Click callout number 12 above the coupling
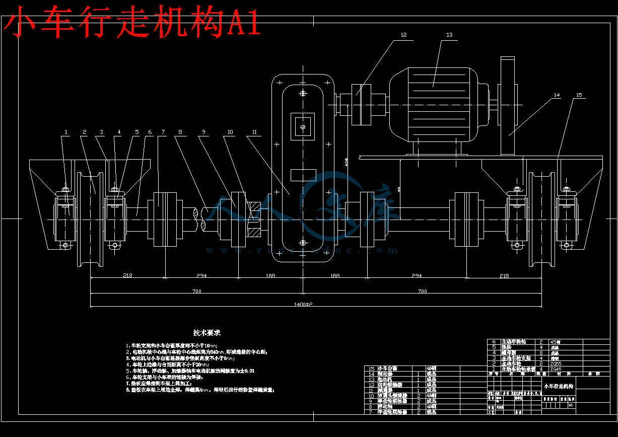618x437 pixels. click(x=403, y=35)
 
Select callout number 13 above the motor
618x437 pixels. click(x=449, y=35)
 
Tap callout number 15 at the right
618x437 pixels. click(x=579, y=95)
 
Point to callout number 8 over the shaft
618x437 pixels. click(x=180, y=132)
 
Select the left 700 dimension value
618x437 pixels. click(x=196, y=291)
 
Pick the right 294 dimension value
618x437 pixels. click(x=416, y=276)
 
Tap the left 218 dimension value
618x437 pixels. click(x=127, y=276)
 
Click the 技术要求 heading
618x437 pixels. click(x=207, y=333)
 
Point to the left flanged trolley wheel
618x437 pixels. click(x=90, y=220)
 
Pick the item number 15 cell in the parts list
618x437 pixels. click(x=372, y=369)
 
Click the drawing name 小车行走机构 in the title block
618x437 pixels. click(x=558, y=386)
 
